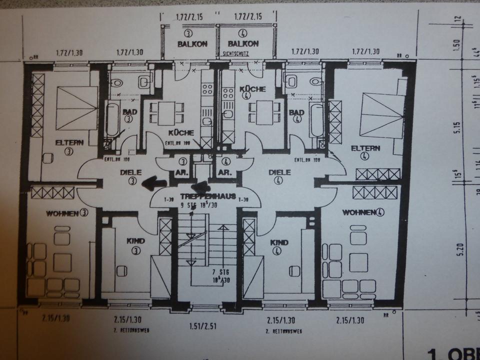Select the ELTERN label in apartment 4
366,148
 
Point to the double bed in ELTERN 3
76,107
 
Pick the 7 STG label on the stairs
217,273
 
